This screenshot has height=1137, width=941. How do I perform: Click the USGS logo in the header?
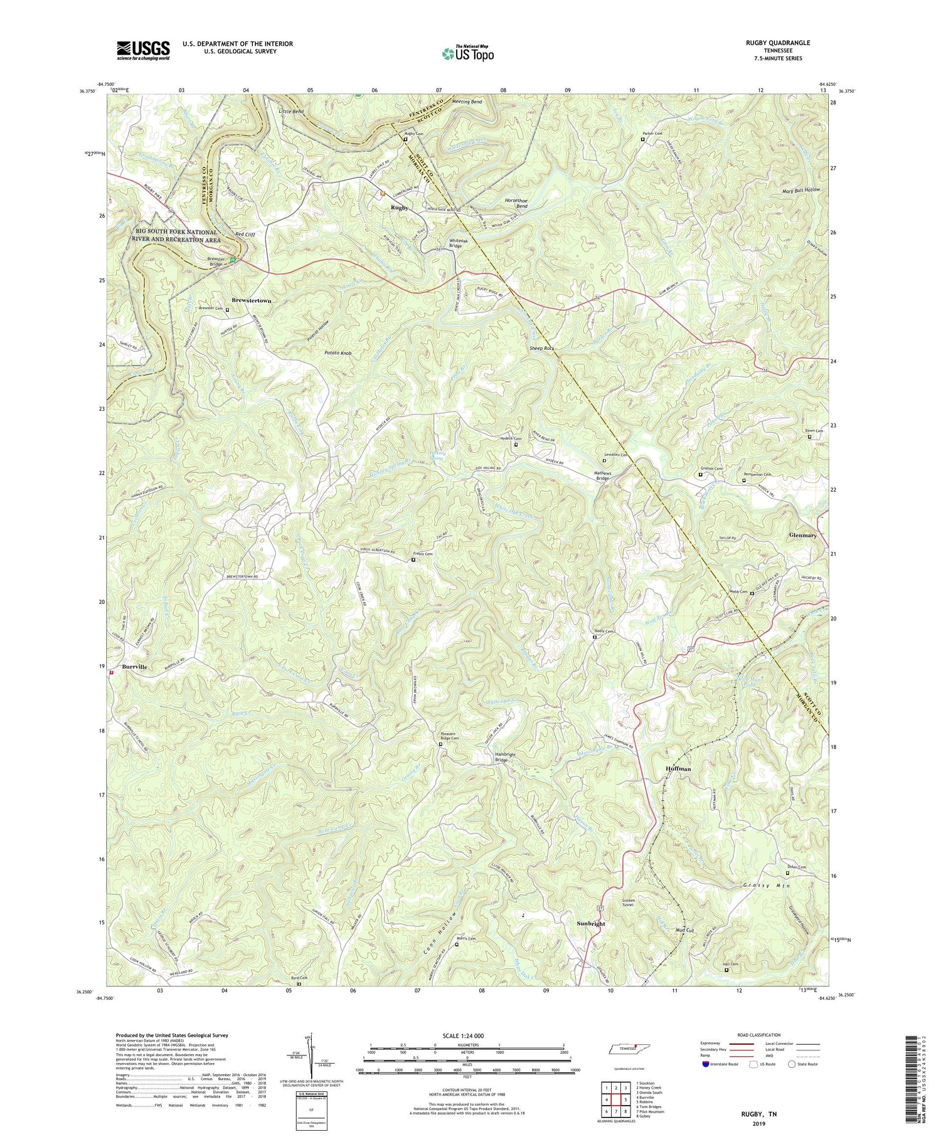pyautogui.click(x=143, y=50)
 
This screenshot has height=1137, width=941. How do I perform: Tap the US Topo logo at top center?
pyautogui.click(x=467, y=54)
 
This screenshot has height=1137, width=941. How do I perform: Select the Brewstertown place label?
pyautogui.click(x=252, y=301)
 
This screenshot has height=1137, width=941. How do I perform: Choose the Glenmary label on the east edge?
pyautogui.click(x=802, y=536)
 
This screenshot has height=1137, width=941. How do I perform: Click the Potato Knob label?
pyautogui.click(x=338, y=353)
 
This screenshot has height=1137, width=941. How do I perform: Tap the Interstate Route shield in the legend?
pyautogui.click(x=705, y=1064)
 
